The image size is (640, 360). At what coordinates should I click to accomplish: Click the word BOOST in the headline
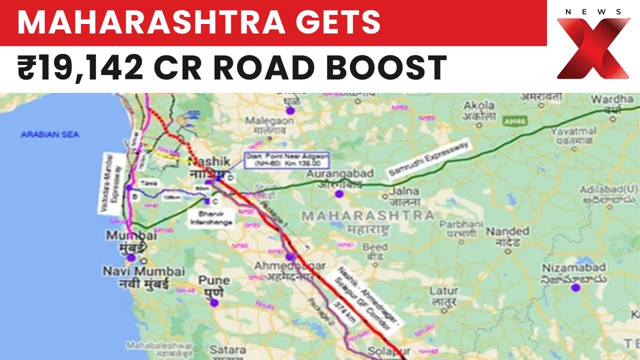coord(389,68)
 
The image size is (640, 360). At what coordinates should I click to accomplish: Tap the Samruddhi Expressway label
coord(429,159)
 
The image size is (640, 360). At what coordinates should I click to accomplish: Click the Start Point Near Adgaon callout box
coord(286,160)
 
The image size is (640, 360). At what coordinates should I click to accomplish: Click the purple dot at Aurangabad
coord(339,194)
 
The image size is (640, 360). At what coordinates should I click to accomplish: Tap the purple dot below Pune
coord(214,302)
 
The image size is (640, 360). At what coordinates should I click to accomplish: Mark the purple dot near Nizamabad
coord(575,287)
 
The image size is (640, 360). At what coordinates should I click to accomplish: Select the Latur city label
coord(444,295)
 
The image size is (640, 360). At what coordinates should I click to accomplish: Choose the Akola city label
coord(479,110)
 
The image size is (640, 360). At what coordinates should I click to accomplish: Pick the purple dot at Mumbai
coord(131,257)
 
